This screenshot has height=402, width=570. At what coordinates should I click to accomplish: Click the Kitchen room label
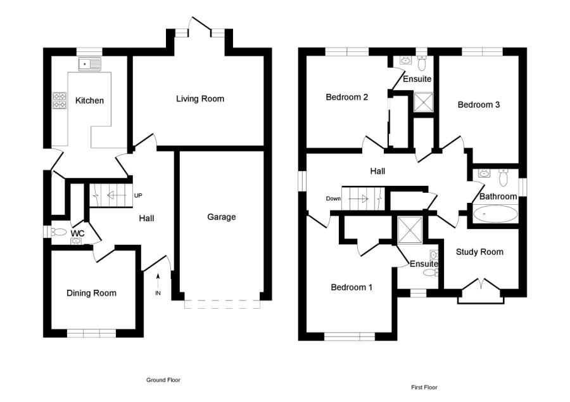pos(89,101)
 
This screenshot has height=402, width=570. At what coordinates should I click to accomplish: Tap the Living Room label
pos(200,99)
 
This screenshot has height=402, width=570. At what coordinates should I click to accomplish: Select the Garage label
pos(221,217)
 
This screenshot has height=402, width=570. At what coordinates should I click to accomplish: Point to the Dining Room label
pos(92,293)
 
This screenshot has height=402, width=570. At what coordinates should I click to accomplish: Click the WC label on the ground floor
pos(77,234)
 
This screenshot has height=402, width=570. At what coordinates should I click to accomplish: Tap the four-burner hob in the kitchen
pos(60,101)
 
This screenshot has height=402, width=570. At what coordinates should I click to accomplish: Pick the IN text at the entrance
pos(158,294)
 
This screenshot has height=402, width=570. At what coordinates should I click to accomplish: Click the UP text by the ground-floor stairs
pos(138,195)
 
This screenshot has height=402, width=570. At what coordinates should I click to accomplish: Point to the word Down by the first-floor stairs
pos(334,198)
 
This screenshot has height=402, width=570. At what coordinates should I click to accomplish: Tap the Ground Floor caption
pos(163,380)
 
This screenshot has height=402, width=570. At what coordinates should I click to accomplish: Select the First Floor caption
pos(424,387)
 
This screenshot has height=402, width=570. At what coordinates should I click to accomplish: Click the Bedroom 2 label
pos(347,97)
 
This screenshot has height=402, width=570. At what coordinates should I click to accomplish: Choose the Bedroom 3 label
pos(479,105)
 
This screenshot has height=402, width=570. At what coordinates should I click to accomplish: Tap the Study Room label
pos(479,252)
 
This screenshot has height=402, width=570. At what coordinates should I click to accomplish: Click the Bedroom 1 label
pos(351,287)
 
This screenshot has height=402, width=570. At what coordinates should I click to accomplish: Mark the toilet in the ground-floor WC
pos(58,232)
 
